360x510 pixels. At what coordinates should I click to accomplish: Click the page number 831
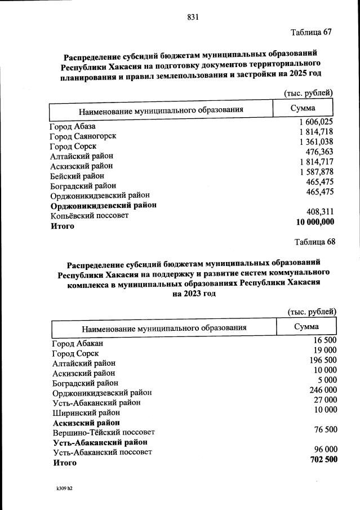[193, 17]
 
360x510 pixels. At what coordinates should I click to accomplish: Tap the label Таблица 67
[311, 32]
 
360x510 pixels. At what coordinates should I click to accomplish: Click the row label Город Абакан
[78, 343]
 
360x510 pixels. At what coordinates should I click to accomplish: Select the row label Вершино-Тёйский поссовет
[104, 432]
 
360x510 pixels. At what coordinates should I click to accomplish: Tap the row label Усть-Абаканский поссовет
[103, 452]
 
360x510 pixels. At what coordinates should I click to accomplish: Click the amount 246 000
[323, 389]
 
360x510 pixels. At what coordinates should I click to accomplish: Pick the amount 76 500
[326, 429]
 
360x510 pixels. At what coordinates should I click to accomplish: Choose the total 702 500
[323, 459]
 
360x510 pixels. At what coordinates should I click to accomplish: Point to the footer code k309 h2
[60, 489]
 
